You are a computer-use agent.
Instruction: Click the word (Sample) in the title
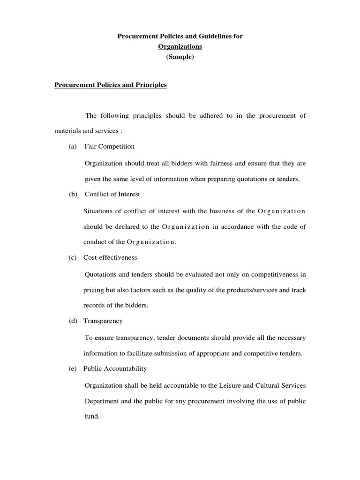[x=180, y=56]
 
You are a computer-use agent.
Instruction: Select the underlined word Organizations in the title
[x=180, y=46]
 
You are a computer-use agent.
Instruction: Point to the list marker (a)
[x=72, y=146]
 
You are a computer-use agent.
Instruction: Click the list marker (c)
[x=72, y=257]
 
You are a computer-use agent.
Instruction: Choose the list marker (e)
[x=72, y=368]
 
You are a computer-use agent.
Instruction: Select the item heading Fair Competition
[x=109, y=146]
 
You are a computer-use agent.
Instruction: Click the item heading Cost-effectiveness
[x=110, y=257]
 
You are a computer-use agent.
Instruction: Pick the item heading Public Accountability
[x=115, y=368]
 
